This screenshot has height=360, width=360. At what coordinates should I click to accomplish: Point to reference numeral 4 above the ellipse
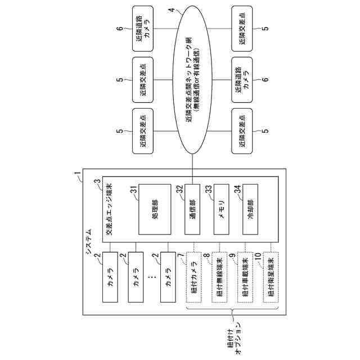tap(170, 10)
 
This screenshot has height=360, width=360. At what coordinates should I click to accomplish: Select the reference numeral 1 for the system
tap(77, 179)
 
